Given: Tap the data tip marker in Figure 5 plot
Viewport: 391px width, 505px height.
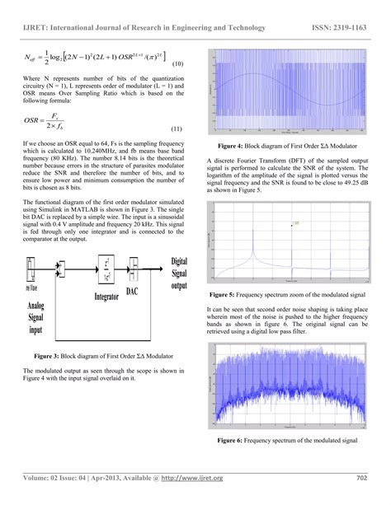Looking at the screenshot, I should pyautogui.click(x=292, y=223).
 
